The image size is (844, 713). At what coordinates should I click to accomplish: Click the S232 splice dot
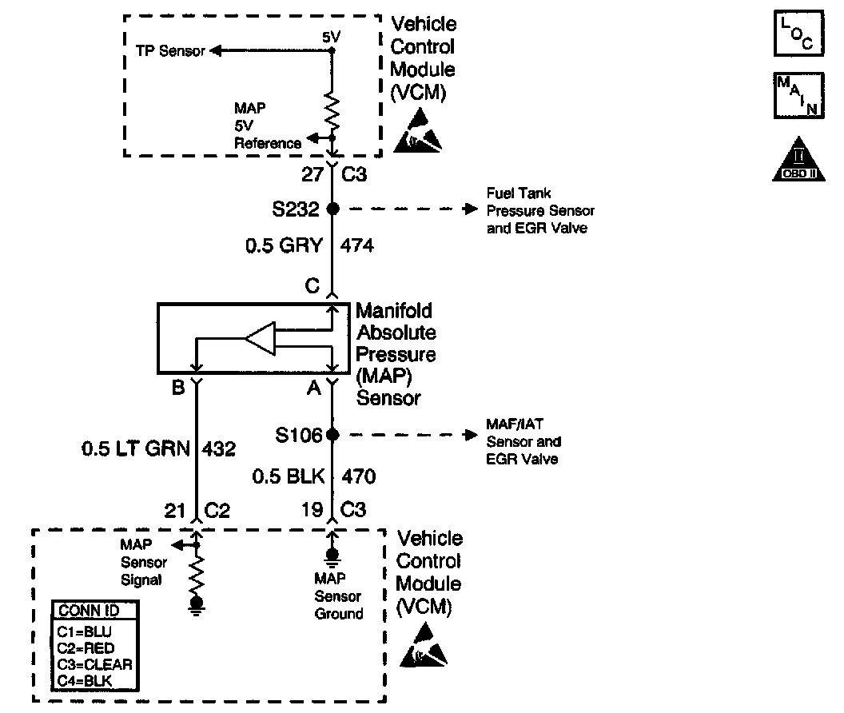tap(333, 209)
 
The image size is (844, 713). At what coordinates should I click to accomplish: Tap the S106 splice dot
tap(333, 436)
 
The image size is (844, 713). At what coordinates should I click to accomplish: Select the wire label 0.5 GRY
tap(284, 245)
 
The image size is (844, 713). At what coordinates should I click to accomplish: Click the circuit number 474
tap(357, 245)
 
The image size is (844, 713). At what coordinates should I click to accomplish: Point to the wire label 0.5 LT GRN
tap(135, 449)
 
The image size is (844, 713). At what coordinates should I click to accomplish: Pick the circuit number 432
tap(220, 449)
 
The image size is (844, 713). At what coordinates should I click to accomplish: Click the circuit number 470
tap(359, 477)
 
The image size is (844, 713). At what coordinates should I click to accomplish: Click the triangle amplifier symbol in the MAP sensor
tap(261, 340)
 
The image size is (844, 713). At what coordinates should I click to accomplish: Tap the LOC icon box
tap(798, 34)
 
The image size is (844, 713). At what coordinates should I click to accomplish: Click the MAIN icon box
tap(798, 95)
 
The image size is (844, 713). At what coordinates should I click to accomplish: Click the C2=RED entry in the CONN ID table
tap(86, 647)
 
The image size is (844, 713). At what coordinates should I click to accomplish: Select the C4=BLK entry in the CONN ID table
tap(86, 680)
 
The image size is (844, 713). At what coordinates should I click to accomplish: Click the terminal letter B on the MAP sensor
tap(178, 388)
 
